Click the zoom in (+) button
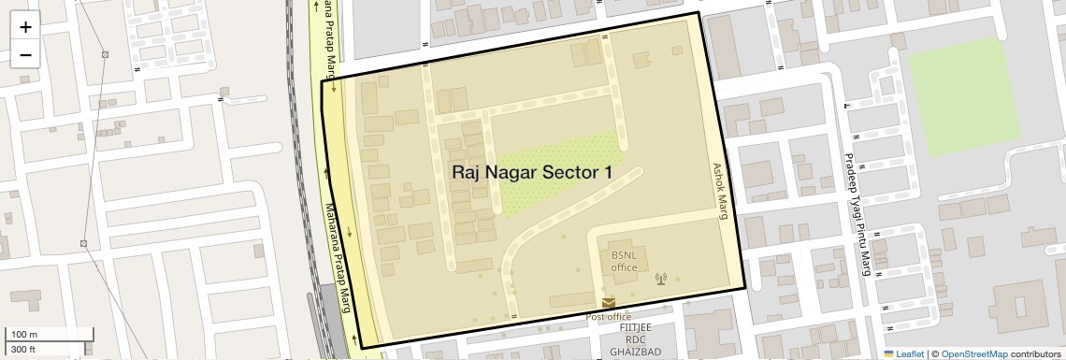(25, 27)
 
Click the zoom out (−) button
(25, 54)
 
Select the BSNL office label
(624, 261)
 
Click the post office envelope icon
(609, 303)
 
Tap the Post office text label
(608, 317)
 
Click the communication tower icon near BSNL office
(661, 278)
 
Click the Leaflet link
(903, 353)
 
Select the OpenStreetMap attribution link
(973, 353)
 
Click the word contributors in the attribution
(1035, 353)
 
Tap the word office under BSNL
(624, 267)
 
